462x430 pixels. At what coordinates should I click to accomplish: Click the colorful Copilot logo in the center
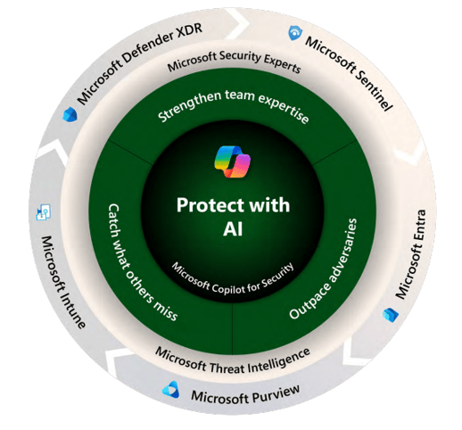coord(233,161)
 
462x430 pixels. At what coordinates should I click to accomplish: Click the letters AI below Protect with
coord(233,229)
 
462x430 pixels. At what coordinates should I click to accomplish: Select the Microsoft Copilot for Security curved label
coord(233,278)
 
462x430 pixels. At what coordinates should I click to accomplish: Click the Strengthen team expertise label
coord(233,104)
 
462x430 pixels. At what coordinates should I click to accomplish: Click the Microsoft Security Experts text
coord(234,61)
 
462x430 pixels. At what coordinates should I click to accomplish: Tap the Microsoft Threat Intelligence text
coord(233,361)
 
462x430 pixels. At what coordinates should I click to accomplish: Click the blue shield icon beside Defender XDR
coord(70,114)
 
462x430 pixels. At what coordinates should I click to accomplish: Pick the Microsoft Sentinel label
coord(350,72)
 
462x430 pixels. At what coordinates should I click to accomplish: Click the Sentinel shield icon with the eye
coord(295,33)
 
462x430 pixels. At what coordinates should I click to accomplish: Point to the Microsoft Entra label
coord(411,254)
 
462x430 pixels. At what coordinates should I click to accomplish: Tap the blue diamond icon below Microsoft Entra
coord(391,315)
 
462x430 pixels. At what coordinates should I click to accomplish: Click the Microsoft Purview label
coord(245,396)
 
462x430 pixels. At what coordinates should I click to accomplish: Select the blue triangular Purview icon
coord(171,389)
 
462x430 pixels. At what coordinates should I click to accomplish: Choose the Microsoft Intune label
coord(62,282)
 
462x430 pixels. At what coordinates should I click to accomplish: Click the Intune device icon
coord(44,212)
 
